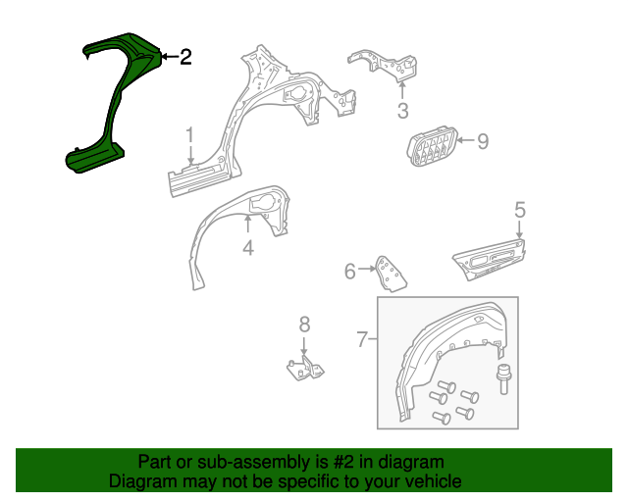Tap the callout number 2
(185, 57)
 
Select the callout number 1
(189, 135)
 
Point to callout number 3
(402, 111)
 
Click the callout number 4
(248, 248)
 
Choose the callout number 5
(519, 210)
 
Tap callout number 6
(350, 271)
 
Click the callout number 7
(362, 339)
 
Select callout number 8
(304, 325)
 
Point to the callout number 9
(483, 141)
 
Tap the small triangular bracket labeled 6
(391, 274)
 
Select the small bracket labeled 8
(305, 368)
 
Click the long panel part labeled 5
(490, 260)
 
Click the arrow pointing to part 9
(466, 140)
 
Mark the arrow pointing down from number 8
(304, 346)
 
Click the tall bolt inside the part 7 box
(502, 378)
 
